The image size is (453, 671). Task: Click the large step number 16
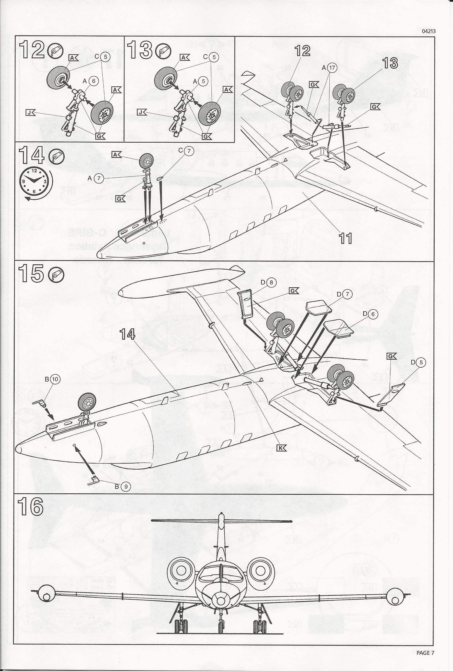coord(31,507)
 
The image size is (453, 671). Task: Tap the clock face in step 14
coord(34,181)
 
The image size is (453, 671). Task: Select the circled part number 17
coord(333,68)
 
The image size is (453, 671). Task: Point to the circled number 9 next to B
coord(125,486)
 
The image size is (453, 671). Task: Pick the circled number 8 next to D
coord(271,283)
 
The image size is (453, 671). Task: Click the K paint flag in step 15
coord(281,448)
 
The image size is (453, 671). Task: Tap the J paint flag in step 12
coord(30,113)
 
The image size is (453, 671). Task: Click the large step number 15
coord(31,274)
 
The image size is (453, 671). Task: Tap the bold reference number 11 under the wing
coord(345,238)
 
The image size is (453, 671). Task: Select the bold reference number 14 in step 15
coord(127,334)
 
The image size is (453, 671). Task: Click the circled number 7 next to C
coord(189,151)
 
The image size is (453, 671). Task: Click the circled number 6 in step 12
coord(93,81)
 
